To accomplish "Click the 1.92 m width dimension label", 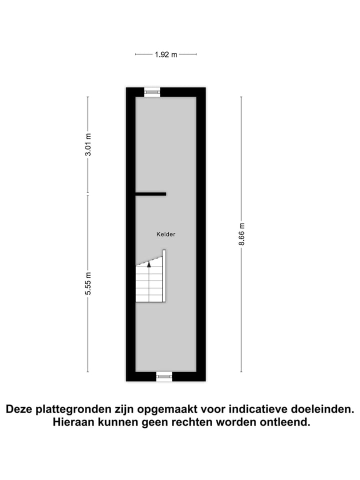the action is click(x=166, y=55).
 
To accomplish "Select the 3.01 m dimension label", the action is click(x=88, y=145).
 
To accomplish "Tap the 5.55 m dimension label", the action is click(x=88, y=283).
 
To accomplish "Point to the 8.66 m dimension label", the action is click(x=242, y=234).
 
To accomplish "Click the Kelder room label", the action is click(x=166, y=234).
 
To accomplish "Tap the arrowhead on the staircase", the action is click(x=149, y=264).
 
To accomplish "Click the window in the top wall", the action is click(x=152, y=92).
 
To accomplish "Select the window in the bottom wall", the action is click(x=164, y=376).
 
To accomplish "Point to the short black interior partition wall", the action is click(x=151, y=194).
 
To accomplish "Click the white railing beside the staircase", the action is click(x=164, y=276).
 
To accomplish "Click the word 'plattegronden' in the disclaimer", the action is click(x=73, y=409).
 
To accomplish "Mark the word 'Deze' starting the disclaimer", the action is click(x=19, y=409).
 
